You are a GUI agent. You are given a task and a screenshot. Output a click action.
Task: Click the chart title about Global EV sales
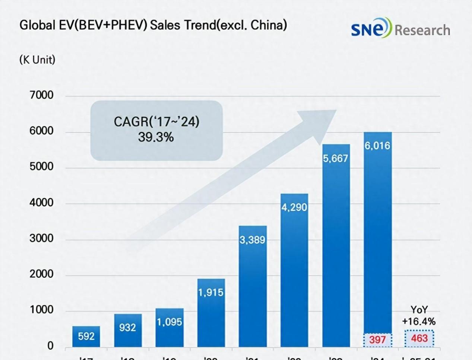pos(153,25)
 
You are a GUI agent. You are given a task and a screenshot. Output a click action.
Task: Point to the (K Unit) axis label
pos(37,60)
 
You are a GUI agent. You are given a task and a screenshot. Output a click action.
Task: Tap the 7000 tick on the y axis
pos(41,95)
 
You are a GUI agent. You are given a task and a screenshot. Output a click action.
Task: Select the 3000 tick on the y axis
pos(41,238)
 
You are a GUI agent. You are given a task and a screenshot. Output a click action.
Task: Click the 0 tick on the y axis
pos(50,346)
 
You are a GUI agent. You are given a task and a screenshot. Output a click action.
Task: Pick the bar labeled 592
pos(86,337)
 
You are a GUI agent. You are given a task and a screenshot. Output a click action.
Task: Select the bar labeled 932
pos(128,330)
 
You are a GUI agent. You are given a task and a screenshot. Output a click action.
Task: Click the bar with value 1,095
pos(170,328)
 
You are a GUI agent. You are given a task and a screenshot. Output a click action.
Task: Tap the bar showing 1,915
pos(211,313)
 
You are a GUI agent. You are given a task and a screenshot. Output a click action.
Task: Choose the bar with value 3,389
pos(253,287)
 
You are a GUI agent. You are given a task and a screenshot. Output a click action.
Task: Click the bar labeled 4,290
pos(294,270)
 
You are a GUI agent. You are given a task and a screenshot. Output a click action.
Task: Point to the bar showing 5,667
pos(336,246)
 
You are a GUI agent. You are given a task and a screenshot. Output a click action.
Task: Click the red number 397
pos(377,340)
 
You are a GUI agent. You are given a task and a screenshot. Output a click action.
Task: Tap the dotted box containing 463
pos(419,338)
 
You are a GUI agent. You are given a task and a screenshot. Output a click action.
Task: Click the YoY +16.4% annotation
pos(419,316)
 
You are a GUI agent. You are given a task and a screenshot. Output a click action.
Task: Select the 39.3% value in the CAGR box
pos(156,137)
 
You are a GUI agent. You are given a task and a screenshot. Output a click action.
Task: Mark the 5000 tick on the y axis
pos(41,167)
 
